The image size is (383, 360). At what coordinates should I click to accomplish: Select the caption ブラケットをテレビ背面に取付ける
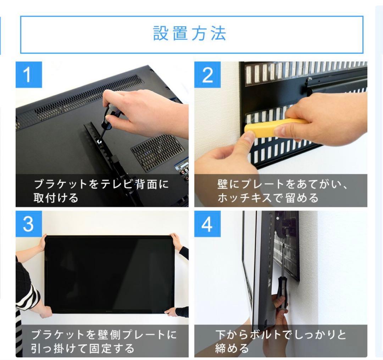[x=101, y=191]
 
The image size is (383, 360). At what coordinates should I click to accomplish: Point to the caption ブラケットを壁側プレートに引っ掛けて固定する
[x=103, y=340]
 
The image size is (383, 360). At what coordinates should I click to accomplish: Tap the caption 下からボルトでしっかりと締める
[x=280, y=340]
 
